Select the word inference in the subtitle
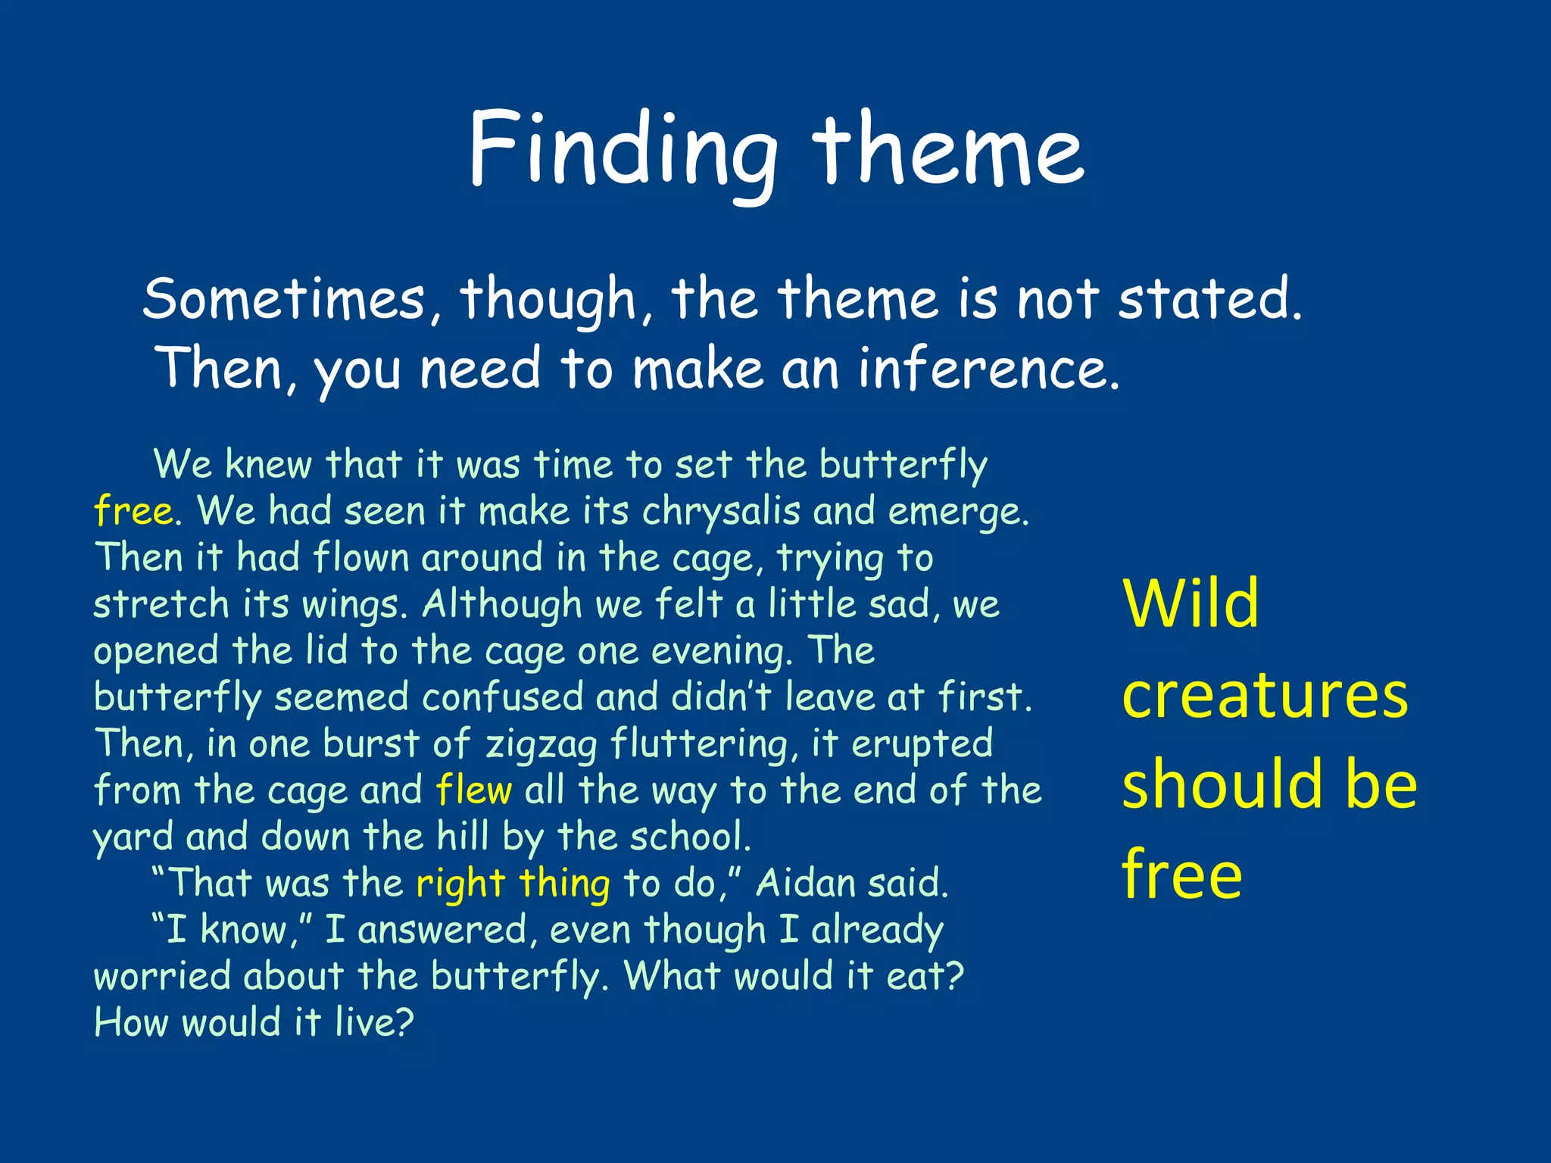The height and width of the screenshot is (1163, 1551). [x=988, y=369]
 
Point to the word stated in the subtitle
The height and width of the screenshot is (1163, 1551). [x=1209, y=299]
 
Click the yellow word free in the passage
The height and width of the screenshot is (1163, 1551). [x=133, y=511]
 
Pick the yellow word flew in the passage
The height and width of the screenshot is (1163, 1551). [x=474, y=790]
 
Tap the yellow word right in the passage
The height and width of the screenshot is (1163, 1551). [x=460, y=884]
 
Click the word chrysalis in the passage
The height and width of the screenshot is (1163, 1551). [x=720, y=511]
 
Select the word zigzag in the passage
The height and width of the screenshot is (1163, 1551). [x=541, y=744]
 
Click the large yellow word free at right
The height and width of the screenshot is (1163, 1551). [x=1181, y=875]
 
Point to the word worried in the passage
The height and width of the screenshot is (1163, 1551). [x=162, y=976]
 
